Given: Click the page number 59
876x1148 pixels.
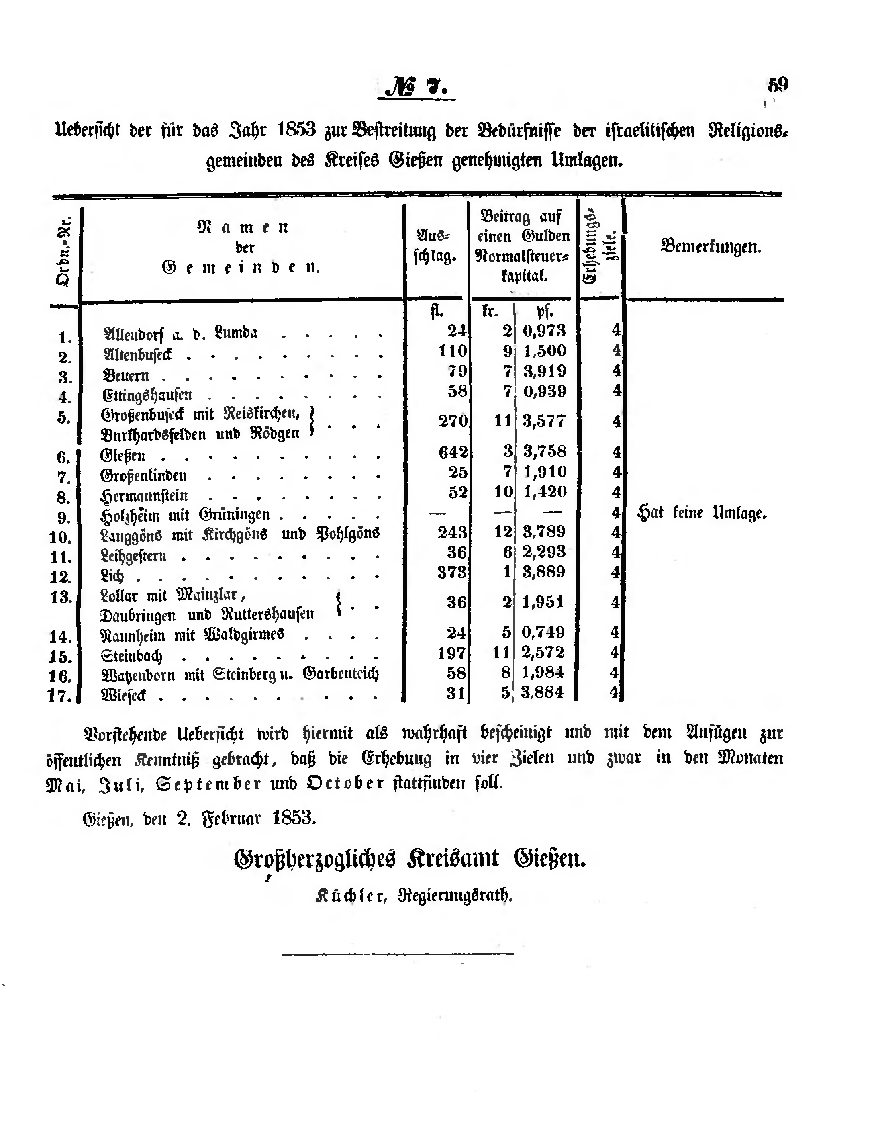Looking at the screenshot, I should tap(778, 84).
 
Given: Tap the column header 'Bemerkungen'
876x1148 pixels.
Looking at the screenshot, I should tap(711, 246).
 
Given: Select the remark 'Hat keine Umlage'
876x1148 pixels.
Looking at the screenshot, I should tap(702, 513).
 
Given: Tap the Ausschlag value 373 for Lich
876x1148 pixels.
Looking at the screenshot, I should tap(452, 572).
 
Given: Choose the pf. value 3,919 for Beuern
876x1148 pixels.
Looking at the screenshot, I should tap(544, 371).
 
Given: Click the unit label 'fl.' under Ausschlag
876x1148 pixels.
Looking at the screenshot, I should tap(437, 311).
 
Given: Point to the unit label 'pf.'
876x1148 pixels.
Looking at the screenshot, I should tap(544, 311).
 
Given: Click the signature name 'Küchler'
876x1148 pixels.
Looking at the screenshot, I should tap(350, 896).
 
